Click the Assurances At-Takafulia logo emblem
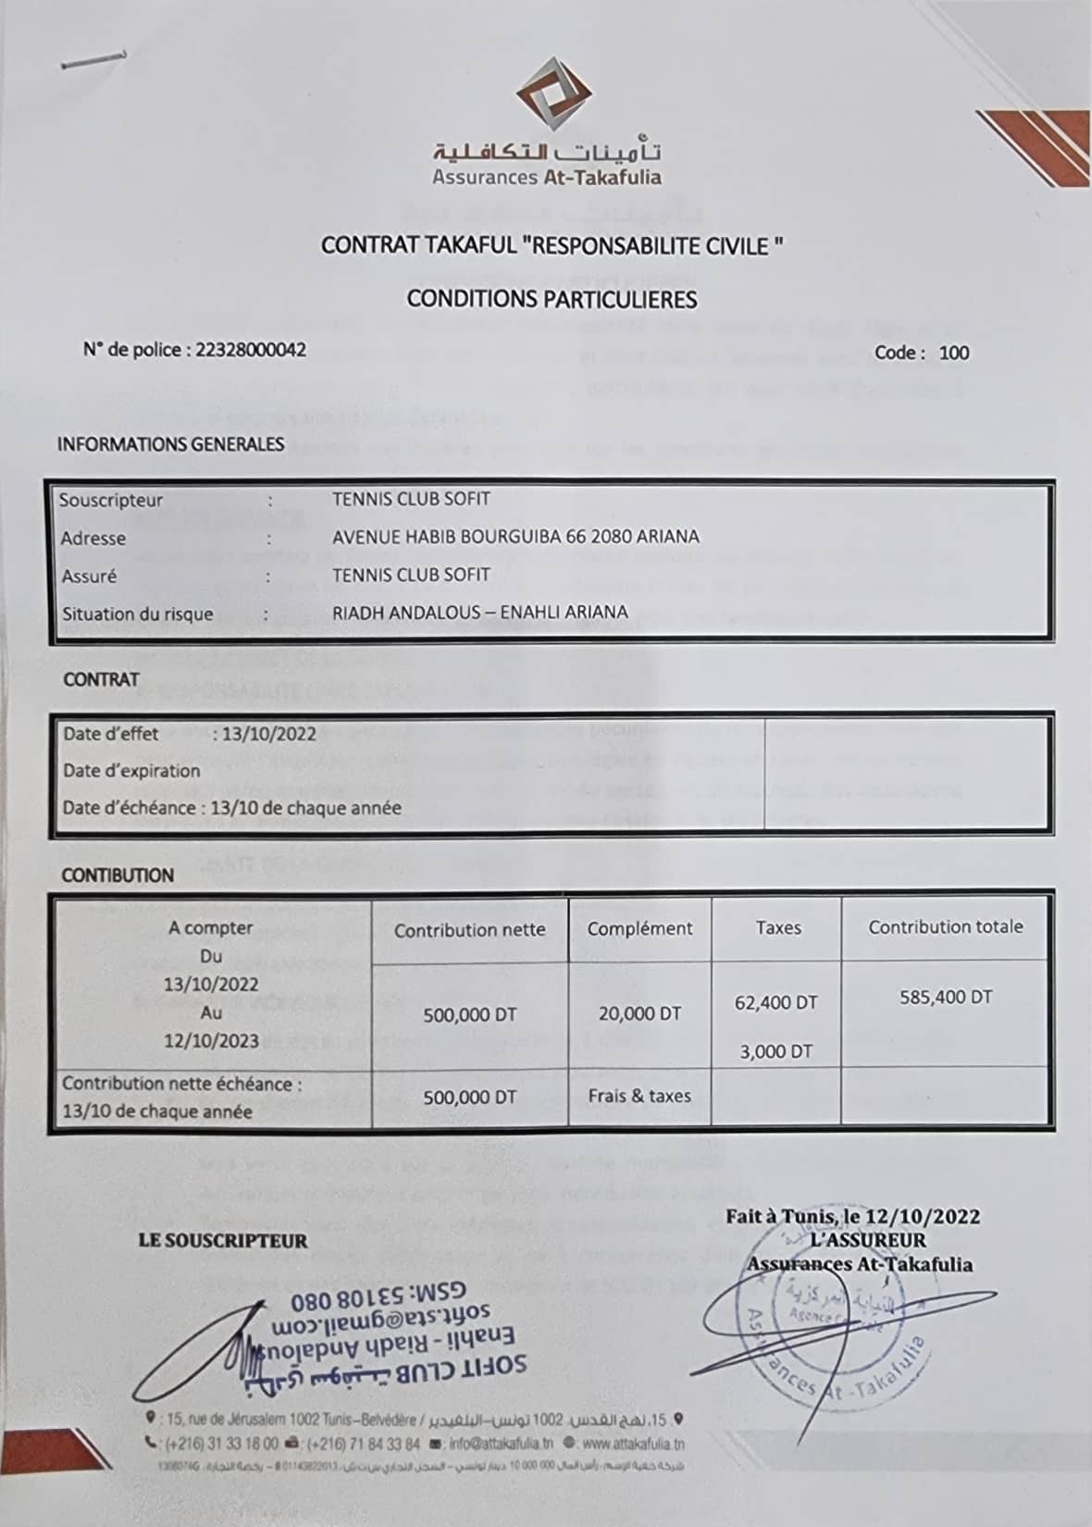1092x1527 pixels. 552,95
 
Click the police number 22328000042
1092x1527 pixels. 251,350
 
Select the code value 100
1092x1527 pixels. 953,353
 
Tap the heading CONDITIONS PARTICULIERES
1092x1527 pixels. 552,299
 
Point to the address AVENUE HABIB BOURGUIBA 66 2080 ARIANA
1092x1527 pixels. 515,537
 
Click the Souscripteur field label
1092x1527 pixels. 111,501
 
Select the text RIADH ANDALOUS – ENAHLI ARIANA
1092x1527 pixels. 479,612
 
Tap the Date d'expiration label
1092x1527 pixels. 131,771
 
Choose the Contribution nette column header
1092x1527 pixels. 469,930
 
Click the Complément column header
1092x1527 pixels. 639,928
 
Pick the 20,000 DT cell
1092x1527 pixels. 639,1013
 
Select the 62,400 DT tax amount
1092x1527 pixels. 776,1002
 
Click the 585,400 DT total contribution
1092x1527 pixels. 946,998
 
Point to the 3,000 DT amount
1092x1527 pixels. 776,1051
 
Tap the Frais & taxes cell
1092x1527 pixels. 639,1096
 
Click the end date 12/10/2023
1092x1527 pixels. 211,1040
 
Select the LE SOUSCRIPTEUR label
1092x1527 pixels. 222,1241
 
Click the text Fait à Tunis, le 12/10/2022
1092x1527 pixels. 852,1216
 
